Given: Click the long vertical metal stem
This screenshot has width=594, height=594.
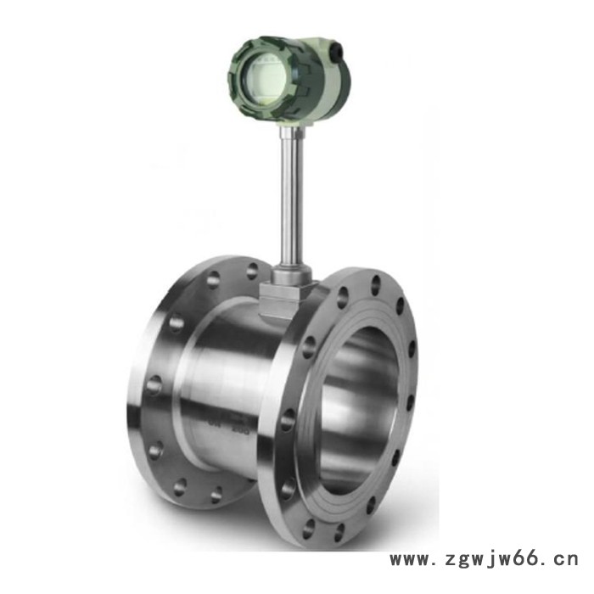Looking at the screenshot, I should pyautogui.click(x=291, y=204).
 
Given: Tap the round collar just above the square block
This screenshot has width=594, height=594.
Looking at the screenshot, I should pyautogui.click(x=289, y=275).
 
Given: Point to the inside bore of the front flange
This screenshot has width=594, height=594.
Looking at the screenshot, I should pyautogui.click(x=356, y=407).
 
